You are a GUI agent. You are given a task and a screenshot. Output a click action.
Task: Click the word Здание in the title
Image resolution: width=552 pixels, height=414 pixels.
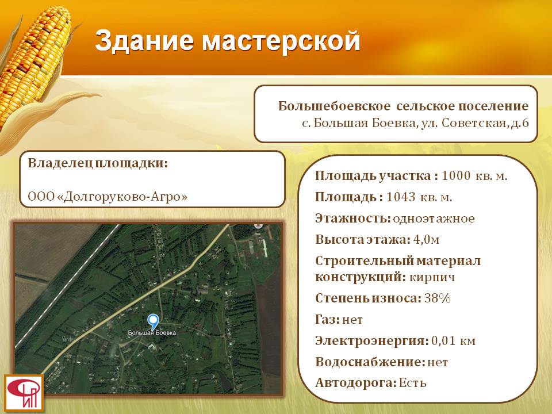coord(144,41)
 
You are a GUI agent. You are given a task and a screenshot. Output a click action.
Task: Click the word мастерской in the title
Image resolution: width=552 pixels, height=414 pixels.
coord(281,41)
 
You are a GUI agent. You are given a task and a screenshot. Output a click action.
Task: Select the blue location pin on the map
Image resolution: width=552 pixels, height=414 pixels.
coord(153,322)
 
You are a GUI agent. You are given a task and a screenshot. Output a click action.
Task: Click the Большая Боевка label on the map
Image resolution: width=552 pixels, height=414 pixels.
coord(152,333)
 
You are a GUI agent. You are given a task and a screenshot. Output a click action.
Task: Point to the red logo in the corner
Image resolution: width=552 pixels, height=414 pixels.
coord(24,393)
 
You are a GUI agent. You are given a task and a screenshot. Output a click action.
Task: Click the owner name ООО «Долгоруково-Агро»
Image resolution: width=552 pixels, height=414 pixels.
coord(108,196)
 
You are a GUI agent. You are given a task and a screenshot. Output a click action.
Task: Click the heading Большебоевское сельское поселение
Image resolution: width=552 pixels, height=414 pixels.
coord(404,106)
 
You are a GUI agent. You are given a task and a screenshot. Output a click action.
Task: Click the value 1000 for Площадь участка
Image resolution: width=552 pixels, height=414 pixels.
coord(456,175)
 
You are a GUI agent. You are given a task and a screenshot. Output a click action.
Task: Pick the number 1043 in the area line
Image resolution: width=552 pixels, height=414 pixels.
coord(401,197)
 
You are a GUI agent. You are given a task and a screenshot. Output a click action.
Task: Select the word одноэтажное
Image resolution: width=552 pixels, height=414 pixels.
coord(434,218)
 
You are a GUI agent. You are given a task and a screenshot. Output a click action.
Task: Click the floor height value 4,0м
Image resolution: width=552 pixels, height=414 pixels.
coord(426,240)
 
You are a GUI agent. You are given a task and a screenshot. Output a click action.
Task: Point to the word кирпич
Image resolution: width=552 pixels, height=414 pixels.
coord(432,277)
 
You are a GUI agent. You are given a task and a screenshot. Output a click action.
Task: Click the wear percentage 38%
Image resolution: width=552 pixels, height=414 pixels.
coord(438,298)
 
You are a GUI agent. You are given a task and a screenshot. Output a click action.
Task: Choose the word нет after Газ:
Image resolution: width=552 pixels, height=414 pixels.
coord(352,320)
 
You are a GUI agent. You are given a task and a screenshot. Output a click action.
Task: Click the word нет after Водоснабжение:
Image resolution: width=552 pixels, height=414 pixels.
coord(438,362)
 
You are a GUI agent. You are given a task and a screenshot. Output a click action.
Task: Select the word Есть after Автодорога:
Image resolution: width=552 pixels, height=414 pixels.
coord(413,383)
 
